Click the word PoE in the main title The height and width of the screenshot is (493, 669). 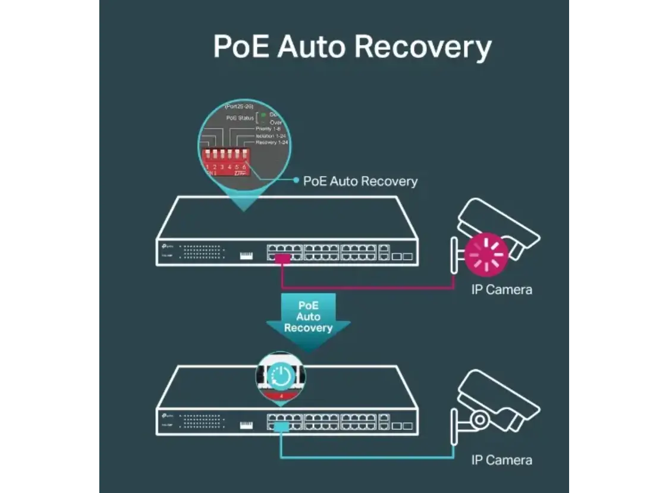pos(240,46)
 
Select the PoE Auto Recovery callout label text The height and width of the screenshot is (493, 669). pos(360,181)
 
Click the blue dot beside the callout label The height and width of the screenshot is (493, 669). pos(296,181)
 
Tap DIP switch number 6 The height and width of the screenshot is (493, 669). pos(244,158)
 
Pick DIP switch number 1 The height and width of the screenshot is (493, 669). pos(207,158)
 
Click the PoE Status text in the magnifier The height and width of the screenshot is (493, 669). pos(240,118)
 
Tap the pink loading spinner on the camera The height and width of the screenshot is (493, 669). pos(486,254)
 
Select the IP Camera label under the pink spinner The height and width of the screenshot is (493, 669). pos(501,290)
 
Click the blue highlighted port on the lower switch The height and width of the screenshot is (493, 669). pos(281,426)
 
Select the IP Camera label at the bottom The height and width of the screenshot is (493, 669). pos(501,460)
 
